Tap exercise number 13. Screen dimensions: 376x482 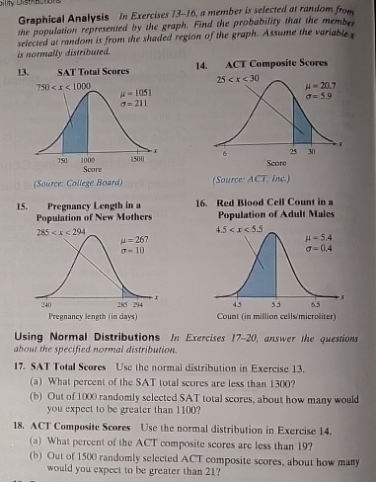tap(18, 73)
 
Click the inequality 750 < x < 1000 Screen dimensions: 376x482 tap(59, 87)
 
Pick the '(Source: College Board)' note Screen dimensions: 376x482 tap(66, 183)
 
